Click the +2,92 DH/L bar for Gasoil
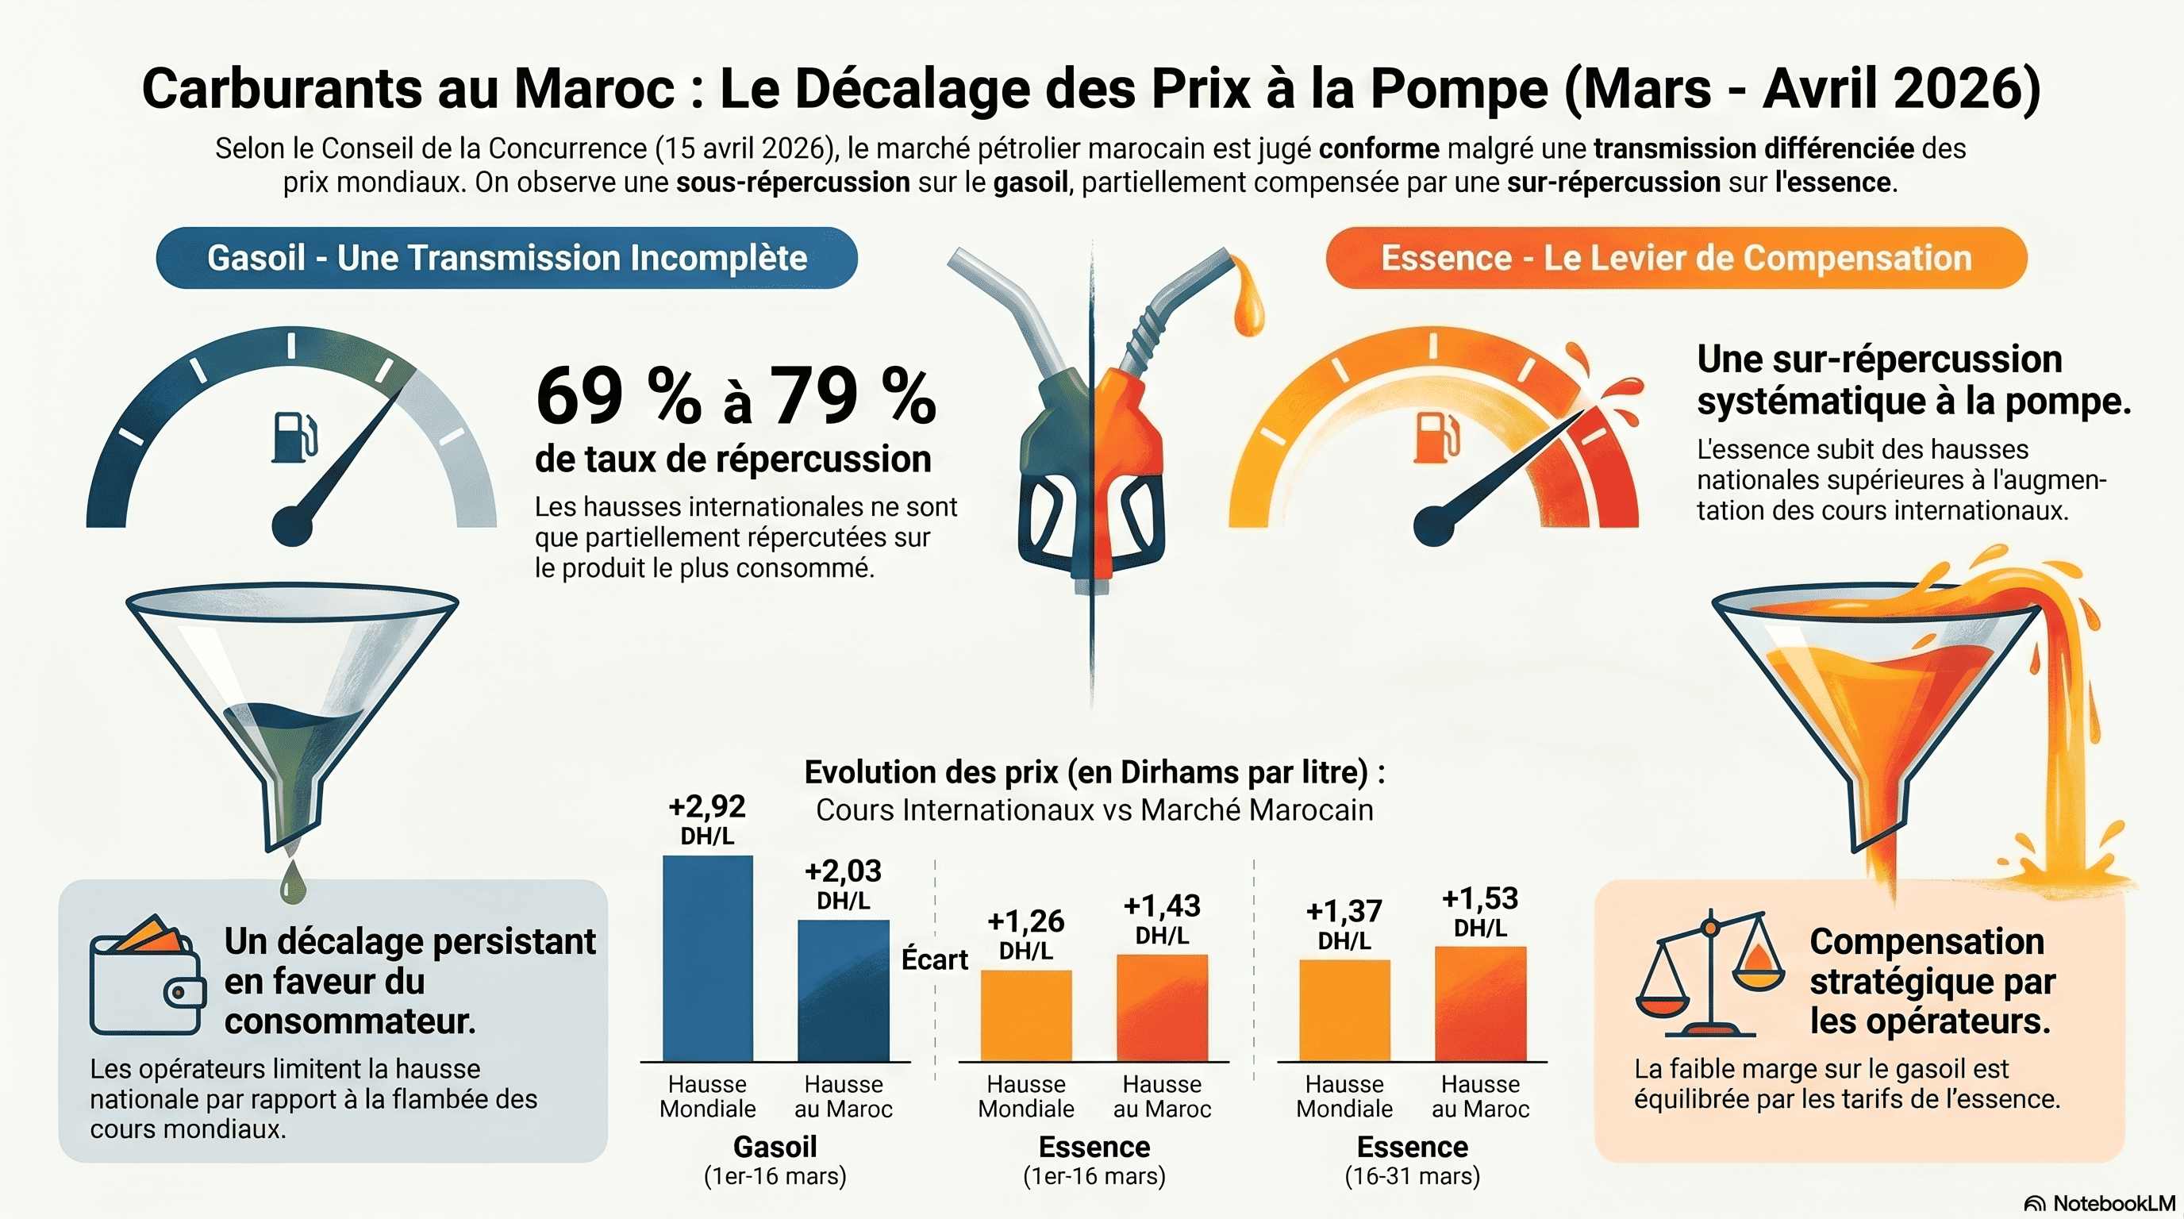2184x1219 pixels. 707,958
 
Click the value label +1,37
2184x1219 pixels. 1344,911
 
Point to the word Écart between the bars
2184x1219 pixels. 934,959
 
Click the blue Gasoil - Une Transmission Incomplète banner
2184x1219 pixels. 506,258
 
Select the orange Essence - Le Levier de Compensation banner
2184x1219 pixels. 1675,258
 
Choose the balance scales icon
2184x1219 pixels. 1709,975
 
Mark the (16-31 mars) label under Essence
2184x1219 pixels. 1412,1177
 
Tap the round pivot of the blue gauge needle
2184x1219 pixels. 293,525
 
